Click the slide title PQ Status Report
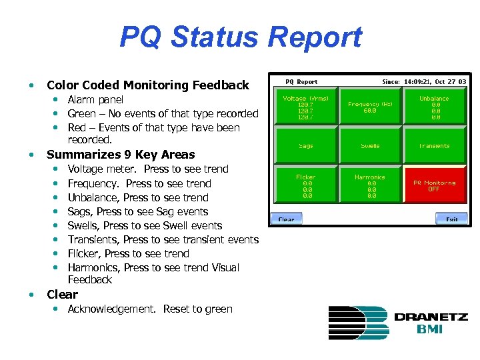coord(240,37)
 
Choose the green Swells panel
coord(370,145)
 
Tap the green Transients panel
coord(434,145)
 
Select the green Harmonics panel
coord(370,185)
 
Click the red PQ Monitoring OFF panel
coord(434,185)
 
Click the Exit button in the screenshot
coord(451,219)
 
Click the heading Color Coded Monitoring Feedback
coord(147,85)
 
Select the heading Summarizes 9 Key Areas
coord(121,155)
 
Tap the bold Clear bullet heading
coord(62,295)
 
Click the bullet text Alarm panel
coord(95,100)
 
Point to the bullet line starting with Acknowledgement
coord(150,309)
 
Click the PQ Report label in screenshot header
coord(301,81)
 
